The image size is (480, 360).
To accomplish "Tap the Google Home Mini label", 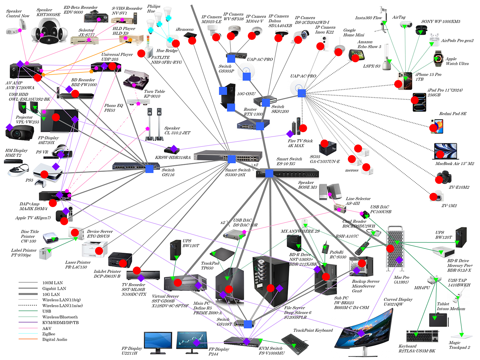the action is click(x=354, y=33).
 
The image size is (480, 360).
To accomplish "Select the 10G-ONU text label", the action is click(x=246, y=94).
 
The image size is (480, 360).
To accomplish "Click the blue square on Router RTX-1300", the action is click(x=260, y=126).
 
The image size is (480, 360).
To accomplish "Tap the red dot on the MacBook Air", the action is click(x=440, y=154).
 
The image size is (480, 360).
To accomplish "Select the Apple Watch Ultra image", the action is click(x=438, y=58).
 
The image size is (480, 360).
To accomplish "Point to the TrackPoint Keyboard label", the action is click(x=313, y=330).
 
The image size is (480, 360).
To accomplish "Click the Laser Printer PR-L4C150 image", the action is click(x=95, y=249).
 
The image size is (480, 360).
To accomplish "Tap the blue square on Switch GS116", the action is click(x=149, y=169).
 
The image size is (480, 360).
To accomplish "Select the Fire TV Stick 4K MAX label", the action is click(x=300, y=143).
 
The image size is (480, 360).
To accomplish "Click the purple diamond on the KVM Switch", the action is click(x=246, y=341).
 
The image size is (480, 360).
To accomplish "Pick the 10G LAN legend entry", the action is click(x=51, y=294).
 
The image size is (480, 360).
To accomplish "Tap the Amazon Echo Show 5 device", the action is click(x=356, y=55).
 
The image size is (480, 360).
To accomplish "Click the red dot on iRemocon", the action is click(x=192, y=40).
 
